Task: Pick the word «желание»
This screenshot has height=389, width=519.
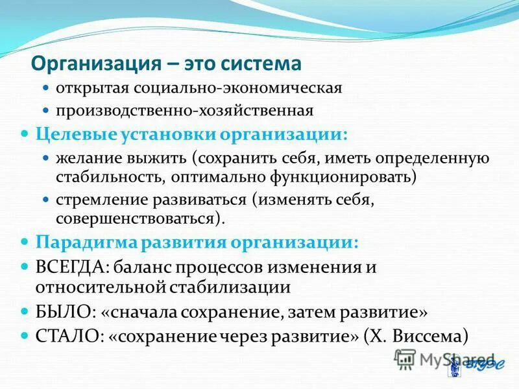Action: (x=87, y=158)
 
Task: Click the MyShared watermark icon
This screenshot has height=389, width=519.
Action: (x=405, y=359)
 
